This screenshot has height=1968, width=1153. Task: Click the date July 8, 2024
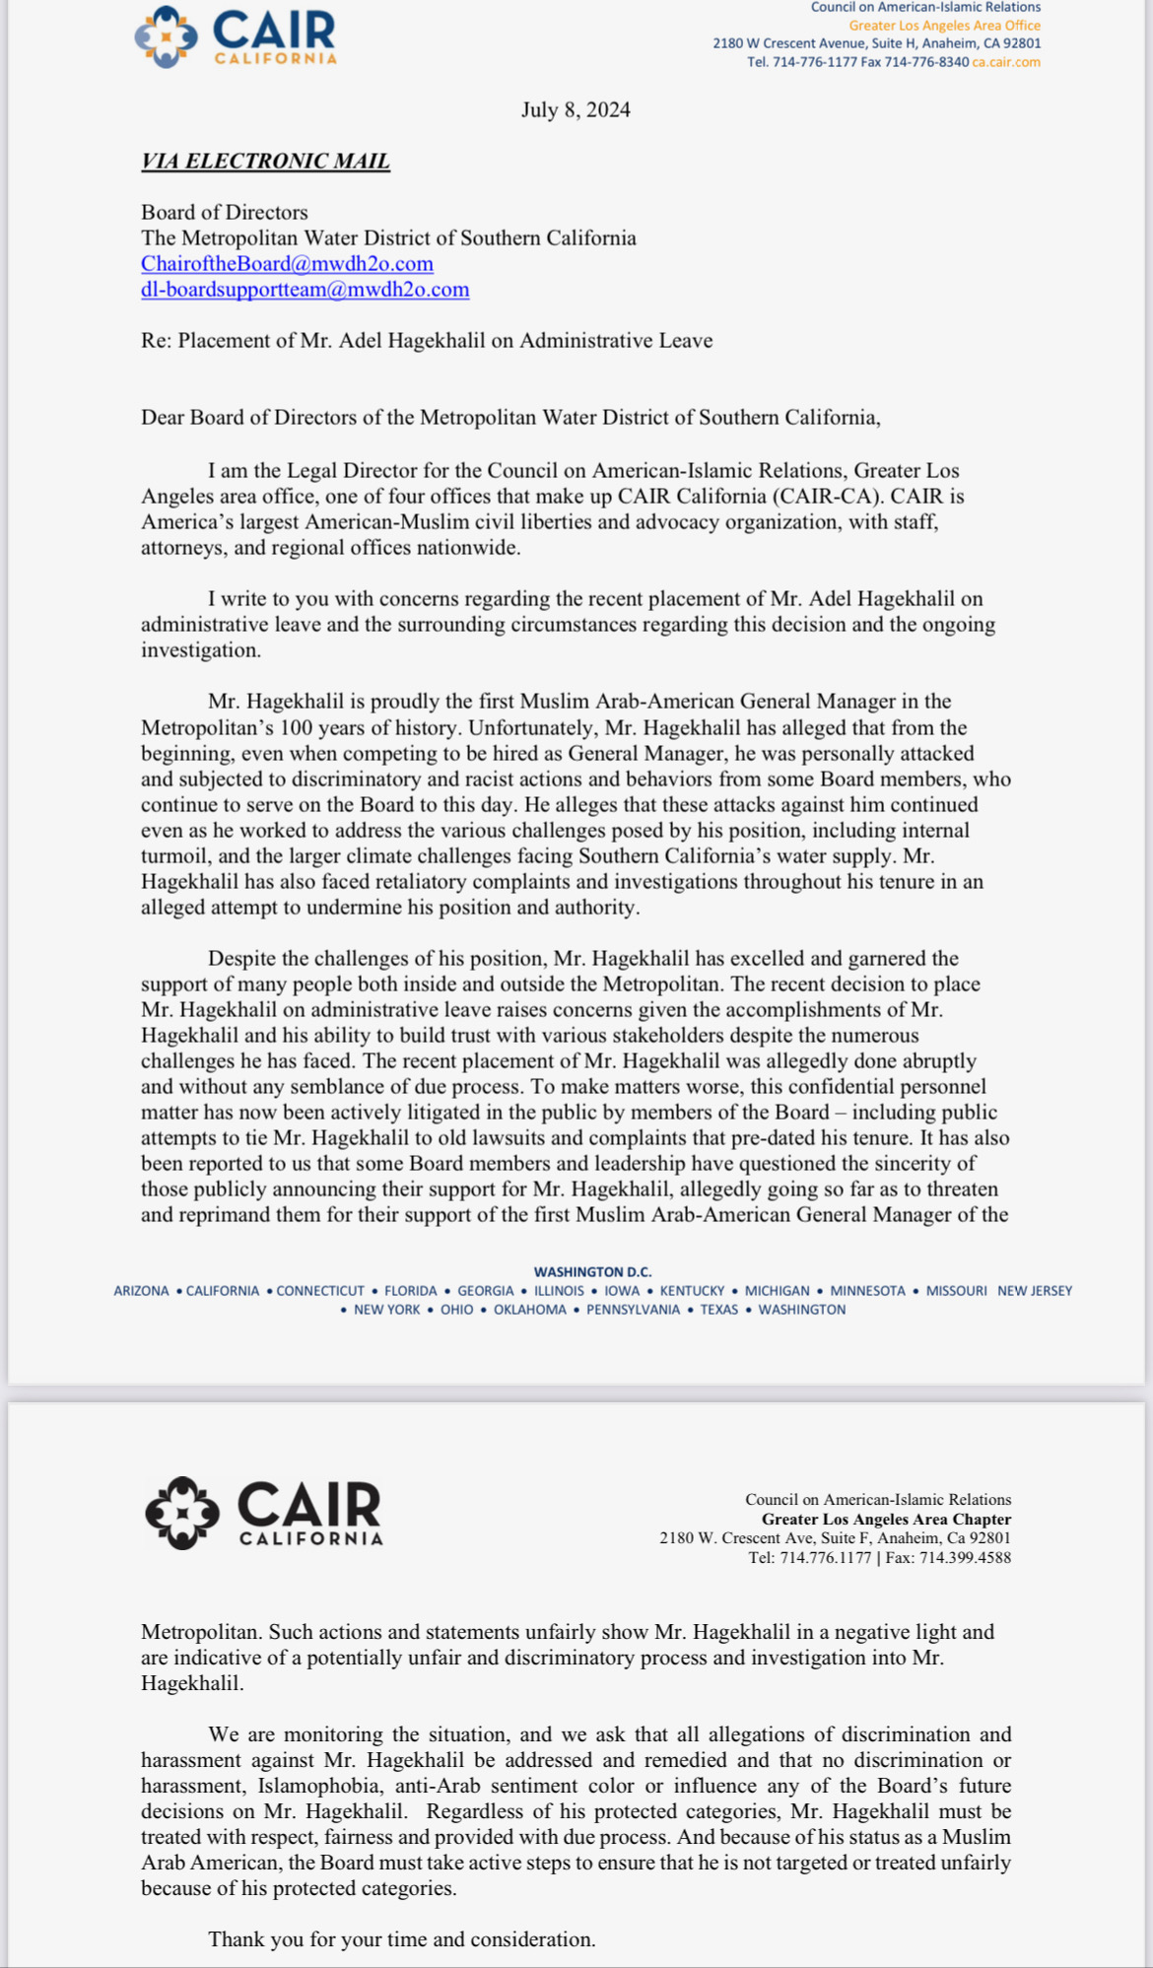pyautogui.click(x=576, y=109)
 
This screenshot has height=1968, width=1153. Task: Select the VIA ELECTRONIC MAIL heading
pyautogui.click(x=265, y=161)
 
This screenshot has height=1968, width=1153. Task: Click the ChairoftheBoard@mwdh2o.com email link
pyautogui.click(x=287, y=263)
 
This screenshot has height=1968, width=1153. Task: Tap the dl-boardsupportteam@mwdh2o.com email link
pyautogui.click(x=305, y=289)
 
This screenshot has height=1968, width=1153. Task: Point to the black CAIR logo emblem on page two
pyautogui.click(x=181, y=1513)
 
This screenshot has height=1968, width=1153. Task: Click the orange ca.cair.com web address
pyautogui.click(x=1006, y=62)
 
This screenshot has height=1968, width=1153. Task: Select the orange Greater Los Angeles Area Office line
pyautogui.click(x=944, y=26)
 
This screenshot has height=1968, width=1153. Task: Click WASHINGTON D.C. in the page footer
pyautogui.click(x=592, y=1272)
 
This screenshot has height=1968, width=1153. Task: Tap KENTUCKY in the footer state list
pyautogui.click(x=692, y=1291)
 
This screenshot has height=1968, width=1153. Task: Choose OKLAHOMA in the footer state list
pyautogui.click(x=529, y=1310)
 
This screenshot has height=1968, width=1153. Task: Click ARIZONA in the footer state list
pyautogui.click(x=141, y=1291)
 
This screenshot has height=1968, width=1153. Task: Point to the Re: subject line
pyautogui.click(x=426, y=340)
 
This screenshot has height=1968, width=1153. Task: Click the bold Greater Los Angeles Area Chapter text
pyautogui.click(x=886, y=1519)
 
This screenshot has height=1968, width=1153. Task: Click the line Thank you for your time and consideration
pyautogui.click(x=401, y=1939)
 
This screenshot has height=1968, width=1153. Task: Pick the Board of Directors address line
pyautogui.click(x=224, y=212)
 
